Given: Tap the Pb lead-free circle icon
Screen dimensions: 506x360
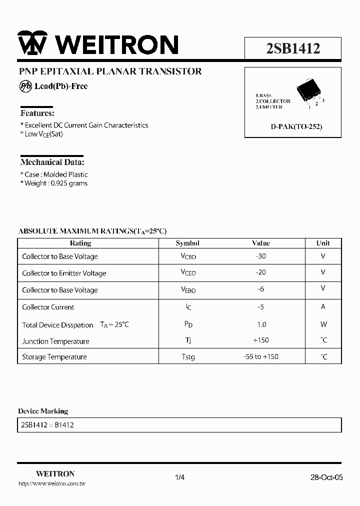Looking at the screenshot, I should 25,86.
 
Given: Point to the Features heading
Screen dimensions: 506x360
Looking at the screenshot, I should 37,113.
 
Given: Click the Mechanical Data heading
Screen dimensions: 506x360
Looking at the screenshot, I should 52,162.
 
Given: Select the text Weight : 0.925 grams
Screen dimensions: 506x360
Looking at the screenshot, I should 54,183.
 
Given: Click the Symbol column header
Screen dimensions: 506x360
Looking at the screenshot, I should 187,243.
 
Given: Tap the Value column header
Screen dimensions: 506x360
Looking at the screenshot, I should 261,243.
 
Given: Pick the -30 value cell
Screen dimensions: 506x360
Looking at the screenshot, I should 260,256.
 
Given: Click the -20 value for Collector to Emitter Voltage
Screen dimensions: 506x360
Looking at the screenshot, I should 260,272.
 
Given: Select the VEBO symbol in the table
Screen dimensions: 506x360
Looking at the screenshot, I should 188,289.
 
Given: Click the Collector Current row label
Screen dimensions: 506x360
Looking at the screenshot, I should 48,307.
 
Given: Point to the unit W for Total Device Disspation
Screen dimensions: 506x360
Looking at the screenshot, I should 323,324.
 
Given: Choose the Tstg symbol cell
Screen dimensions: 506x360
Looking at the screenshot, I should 188,357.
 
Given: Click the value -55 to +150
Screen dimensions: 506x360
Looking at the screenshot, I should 260,356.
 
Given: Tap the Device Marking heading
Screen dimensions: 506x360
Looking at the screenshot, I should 43,411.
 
